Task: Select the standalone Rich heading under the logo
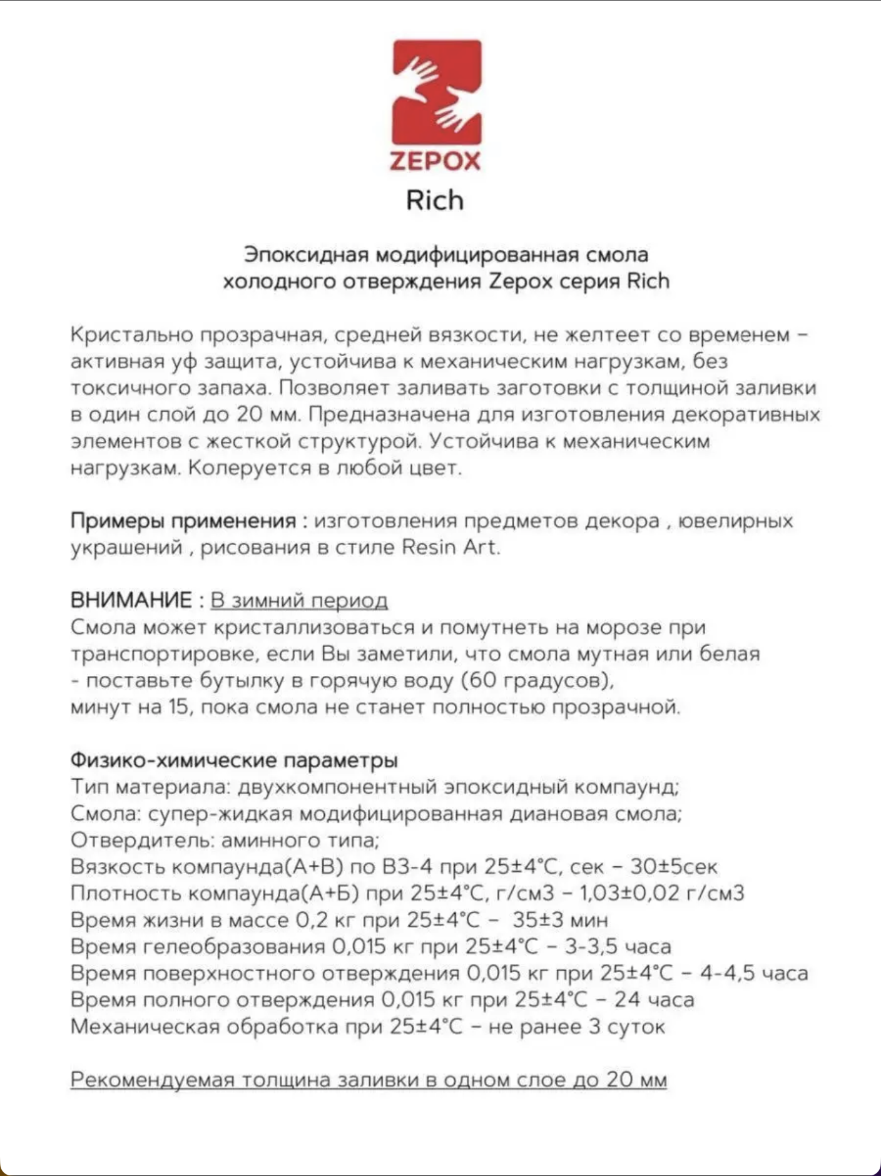(435, 200)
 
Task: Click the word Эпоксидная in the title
(306, 255)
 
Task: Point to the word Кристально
(131, 335)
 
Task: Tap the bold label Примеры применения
(183, 521)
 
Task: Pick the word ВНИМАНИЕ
(131, 600)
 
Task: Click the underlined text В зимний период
(299, 601)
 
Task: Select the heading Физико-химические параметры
(234, 760)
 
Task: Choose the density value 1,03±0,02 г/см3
(663, 893)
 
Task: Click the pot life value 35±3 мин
(560, 920)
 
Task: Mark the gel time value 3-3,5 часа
(618, 946)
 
